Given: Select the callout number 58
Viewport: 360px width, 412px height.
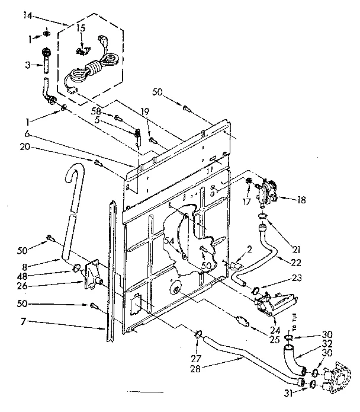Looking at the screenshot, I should (x=96, y=111).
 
